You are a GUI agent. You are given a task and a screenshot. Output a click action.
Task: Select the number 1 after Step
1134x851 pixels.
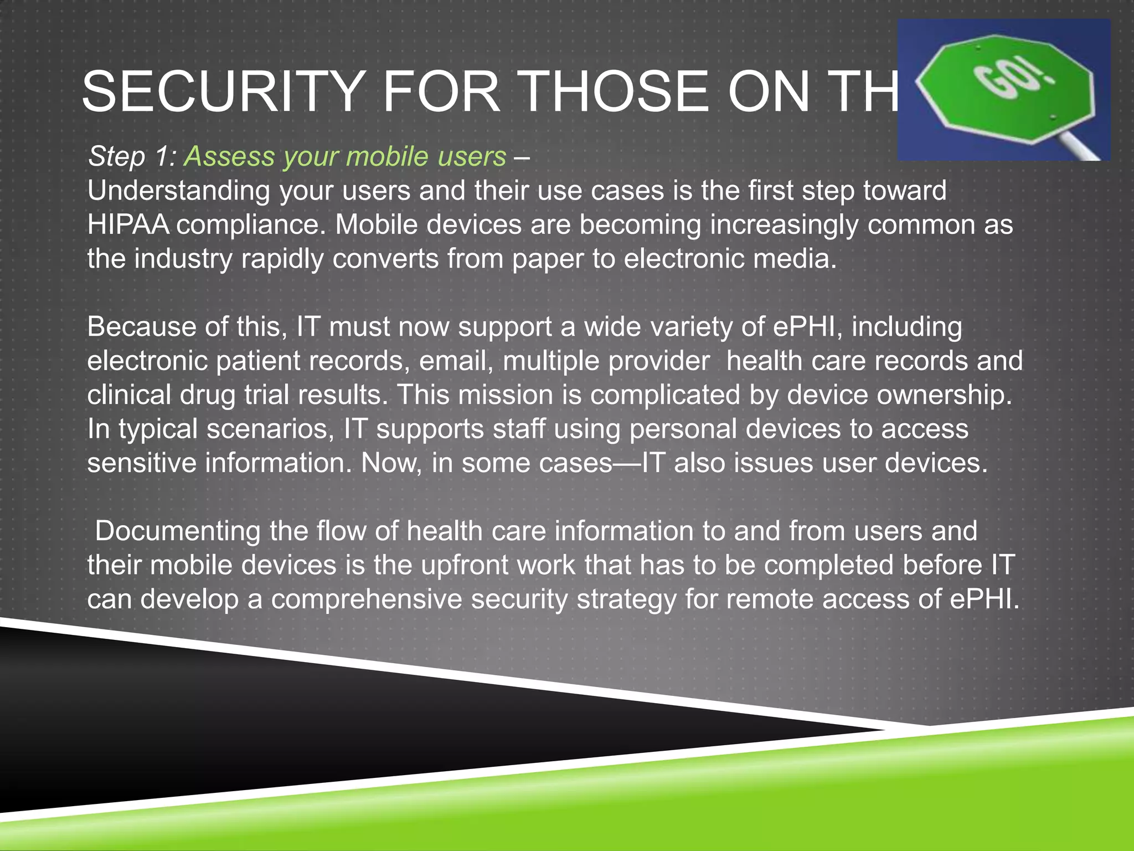click(x=164, y=157)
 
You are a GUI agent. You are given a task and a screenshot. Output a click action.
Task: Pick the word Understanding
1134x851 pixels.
click(x=178, y=192)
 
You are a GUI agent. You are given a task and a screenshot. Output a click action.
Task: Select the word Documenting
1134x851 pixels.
click(x=178, y=531)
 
